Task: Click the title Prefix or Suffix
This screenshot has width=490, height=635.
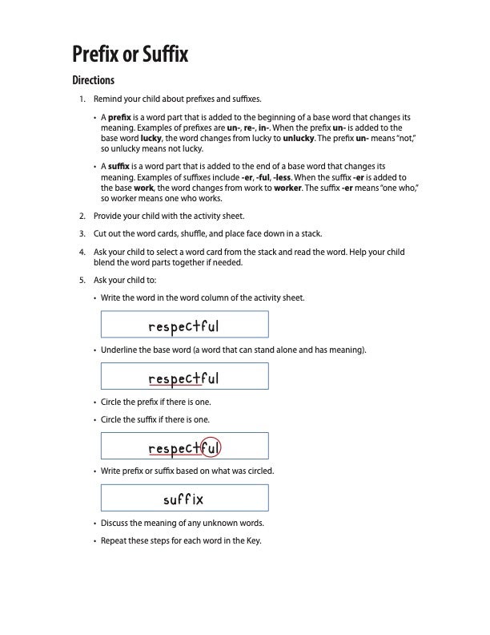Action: (x=130, y=55)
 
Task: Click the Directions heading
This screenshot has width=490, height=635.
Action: (x=94, y=80)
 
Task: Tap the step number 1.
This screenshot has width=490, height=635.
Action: (x=81, y=99)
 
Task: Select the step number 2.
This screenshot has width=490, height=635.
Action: (x=81, y=216)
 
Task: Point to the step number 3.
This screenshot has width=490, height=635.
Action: (x=81, y=234)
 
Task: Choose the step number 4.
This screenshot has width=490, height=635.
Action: (x=81, y=253)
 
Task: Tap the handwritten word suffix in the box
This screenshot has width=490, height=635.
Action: (x=183, y=499)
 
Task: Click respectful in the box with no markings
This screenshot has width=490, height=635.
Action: (x=183, y=326)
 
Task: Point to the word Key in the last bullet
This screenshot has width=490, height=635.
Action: (x=254, y=540)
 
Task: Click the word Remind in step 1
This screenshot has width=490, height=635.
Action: (x=109, y=99)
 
